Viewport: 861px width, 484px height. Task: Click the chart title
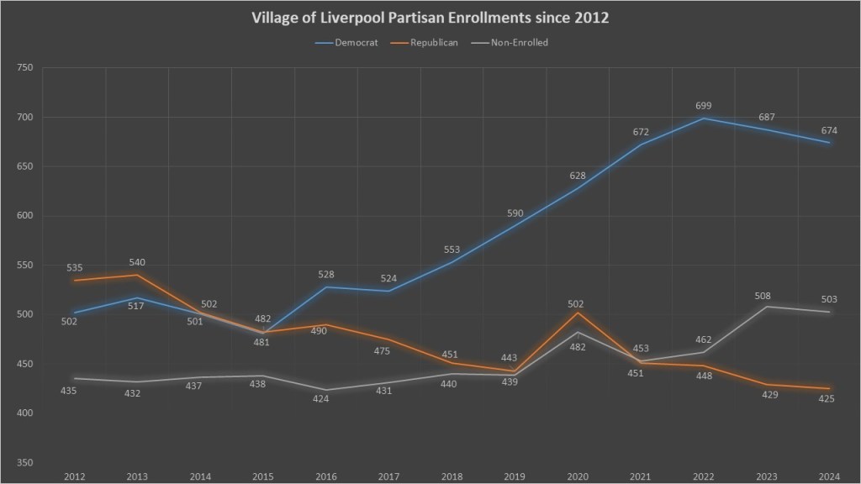430,18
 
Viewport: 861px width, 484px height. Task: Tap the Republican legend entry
436,43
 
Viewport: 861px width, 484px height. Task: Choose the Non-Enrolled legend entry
519,43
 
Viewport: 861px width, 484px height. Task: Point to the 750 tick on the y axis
24,68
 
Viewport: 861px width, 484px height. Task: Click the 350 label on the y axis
24,463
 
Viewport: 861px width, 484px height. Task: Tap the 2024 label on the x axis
829,476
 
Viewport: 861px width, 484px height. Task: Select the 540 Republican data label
136,261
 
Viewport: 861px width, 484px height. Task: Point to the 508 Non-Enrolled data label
763,296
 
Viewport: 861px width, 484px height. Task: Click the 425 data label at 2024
826,398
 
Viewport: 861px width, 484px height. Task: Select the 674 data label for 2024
829,130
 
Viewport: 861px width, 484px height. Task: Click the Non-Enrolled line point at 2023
766,307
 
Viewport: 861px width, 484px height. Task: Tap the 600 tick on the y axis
24,216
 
